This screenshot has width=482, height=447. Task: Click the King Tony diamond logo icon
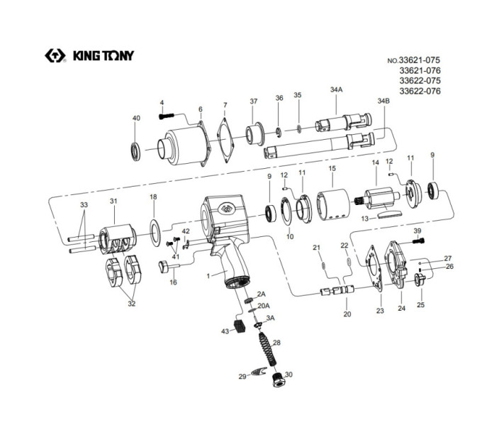(55, 55)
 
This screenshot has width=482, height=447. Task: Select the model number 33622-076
(420, 91)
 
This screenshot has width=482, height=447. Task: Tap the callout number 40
(136, 118)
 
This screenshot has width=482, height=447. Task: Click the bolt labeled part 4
(167, 116)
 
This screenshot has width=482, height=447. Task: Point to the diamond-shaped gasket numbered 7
(225, 140)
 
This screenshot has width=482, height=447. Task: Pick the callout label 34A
(336, 89)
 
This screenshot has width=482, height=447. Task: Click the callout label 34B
(383, 101)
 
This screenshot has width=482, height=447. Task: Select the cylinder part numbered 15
(333, 205)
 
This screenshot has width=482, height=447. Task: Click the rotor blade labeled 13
(389, 214)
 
